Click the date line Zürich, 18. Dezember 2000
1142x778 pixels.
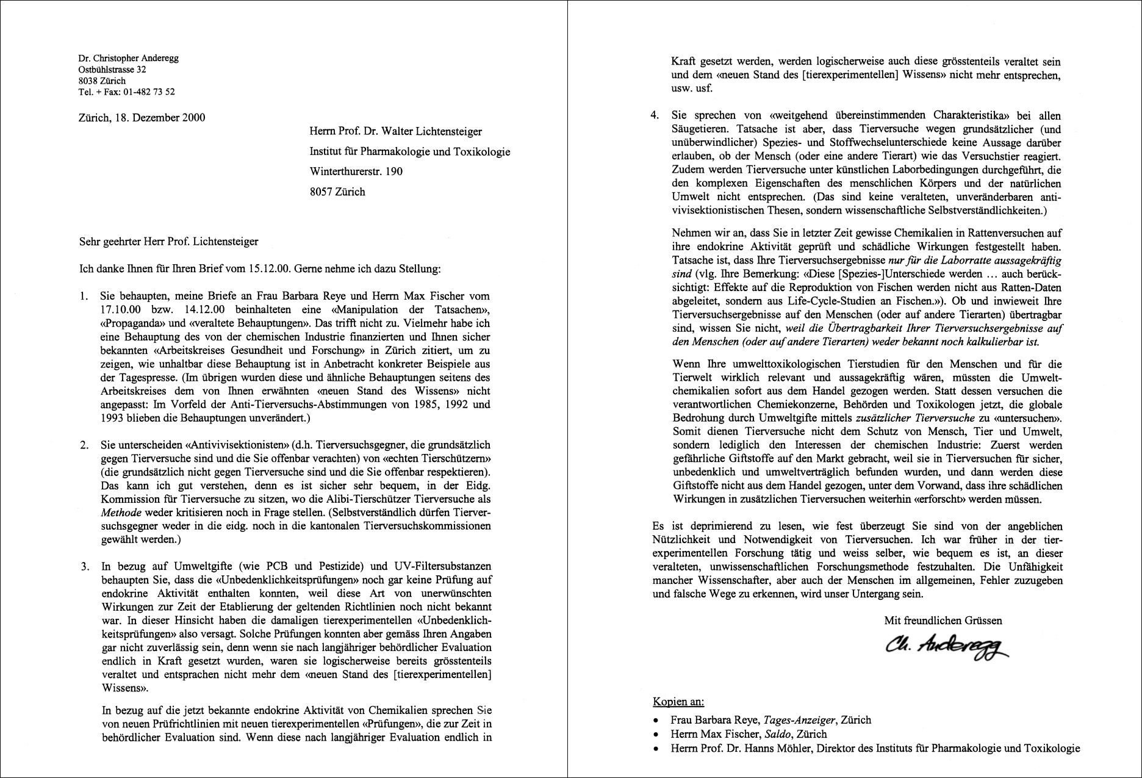point(142,118)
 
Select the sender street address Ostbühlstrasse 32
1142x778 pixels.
point(112,70)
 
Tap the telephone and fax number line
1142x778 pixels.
point(126,92)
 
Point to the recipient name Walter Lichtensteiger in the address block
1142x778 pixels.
point(435,132)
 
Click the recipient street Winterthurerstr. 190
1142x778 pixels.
point(356,171)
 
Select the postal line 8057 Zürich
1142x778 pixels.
point(337,192)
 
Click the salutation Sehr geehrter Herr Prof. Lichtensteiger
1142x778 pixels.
point(168,242)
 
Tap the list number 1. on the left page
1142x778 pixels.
point(84,297)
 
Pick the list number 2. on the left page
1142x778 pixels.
point(84,445)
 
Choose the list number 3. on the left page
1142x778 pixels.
point(84,566)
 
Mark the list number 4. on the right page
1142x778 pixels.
point(655,115)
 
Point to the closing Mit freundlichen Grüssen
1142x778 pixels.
point(943,621)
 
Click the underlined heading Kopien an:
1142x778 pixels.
point(678,702)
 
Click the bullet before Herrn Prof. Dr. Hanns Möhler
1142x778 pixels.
point(656,749)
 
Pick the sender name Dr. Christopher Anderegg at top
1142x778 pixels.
point(128,59)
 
